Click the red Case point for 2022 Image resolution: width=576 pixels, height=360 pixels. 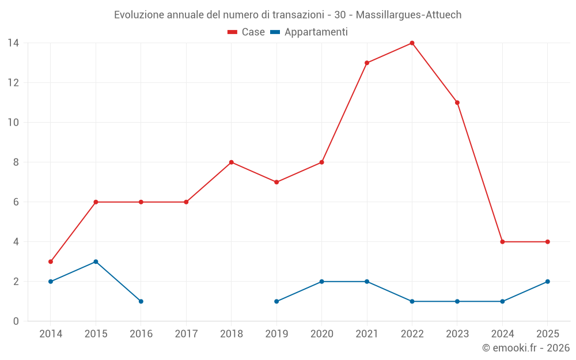click(x=412, y=43)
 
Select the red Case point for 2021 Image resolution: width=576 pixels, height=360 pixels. click(x=367, y=63)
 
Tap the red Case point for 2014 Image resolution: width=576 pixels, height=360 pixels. click(x=51, y=262)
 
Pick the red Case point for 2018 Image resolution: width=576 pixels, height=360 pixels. click(x=232, y=162)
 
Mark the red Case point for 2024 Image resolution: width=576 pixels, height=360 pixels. click(x=502, y=242)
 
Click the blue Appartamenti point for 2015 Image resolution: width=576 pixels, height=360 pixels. click(x=96, y=262)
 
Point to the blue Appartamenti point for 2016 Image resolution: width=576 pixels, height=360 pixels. click(x=141, y=301)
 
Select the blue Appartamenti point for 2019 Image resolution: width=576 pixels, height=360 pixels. click(x=276, y=301)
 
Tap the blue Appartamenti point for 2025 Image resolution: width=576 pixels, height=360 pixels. click(x=547, y=282)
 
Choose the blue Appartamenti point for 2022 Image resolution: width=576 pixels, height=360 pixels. click(x=412, y=301)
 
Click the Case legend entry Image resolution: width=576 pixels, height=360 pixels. click(x=246, y=32)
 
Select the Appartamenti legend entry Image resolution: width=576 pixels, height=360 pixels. click(x=309, y=32)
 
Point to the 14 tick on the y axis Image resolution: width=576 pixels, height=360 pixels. click(x=13, y=43)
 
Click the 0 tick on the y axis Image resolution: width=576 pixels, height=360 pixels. click(x=16, y=321)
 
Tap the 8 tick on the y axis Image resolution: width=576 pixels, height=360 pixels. click(x=16, y=162)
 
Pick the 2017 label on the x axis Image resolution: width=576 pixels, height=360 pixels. click(x=186, y=334)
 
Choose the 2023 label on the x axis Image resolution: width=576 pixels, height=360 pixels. click(x=457, y=334)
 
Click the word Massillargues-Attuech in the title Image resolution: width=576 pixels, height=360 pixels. click(x=409, y=15)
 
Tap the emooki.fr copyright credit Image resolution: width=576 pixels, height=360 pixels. click(x=526, y=348)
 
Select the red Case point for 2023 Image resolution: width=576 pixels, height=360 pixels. click(x=457, y=103)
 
